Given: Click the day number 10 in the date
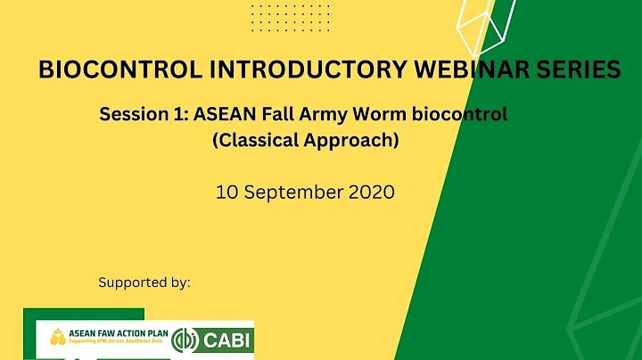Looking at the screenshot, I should point(226,191).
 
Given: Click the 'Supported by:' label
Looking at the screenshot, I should point(144,282).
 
